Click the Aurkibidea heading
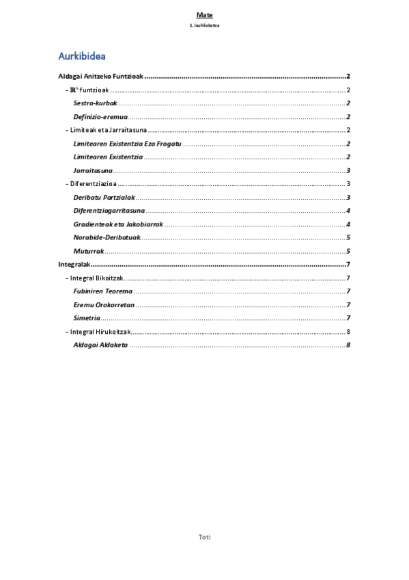(81, 55)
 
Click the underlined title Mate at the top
(204, 14)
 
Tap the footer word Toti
(204, 537)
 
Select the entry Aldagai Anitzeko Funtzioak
(99, 77)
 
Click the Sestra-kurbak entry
(95, 103)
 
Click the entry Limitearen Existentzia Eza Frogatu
(126, 144)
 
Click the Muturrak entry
(88, 251)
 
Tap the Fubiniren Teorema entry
(102, 291)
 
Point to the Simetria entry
(87, 318)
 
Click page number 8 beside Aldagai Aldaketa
(348, 345)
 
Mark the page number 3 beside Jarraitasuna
(348, 170)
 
